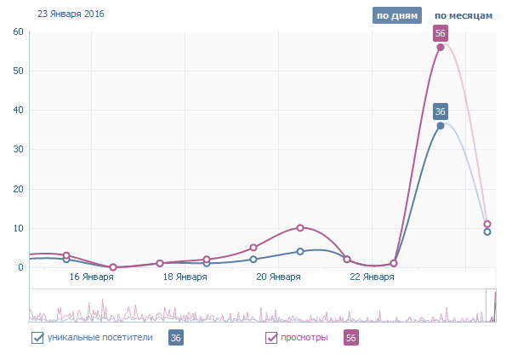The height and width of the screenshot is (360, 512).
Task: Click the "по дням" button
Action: click(396, 15)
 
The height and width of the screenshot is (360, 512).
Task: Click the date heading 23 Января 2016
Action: click(65, 14)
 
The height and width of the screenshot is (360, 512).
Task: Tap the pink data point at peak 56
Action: click(441, 47)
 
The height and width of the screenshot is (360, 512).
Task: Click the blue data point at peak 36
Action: click(441, 126)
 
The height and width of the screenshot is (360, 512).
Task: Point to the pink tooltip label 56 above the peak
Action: click(441, 33)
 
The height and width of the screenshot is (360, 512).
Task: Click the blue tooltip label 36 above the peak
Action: click(441, 111)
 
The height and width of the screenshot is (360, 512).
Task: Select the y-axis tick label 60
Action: click(18, 31)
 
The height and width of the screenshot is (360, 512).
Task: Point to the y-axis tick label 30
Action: click(18, 150)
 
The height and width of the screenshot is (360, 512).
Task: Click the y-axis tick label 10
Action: click(18, 228)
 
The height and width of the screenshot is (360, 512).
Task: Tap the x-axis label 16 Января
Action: click(92, 277)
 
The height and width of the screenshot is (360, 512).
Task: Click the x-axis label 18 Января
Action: click(185, 277)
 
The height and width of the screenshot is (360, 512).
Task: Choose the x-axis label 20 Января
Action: click(278, 277)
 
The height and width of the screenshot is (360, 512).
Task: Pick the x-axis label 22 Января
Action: click(372, 277)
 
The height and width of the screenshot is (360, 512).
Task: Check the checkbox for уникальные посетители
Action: click(37, 338)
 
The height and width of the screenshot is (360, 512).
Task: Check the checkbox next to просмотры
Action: click(272, 338)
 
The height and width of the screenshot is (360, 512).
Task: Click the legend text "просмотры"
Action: click(304, 338)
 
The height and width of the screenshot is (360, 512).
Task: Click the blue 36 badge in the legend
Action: click(176, 338)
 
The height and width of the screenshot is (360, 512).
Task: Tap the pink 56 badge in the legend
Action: click(350, 338)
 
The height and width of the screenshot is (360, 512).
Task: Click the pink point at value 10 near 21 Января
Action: click(300, 228)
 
